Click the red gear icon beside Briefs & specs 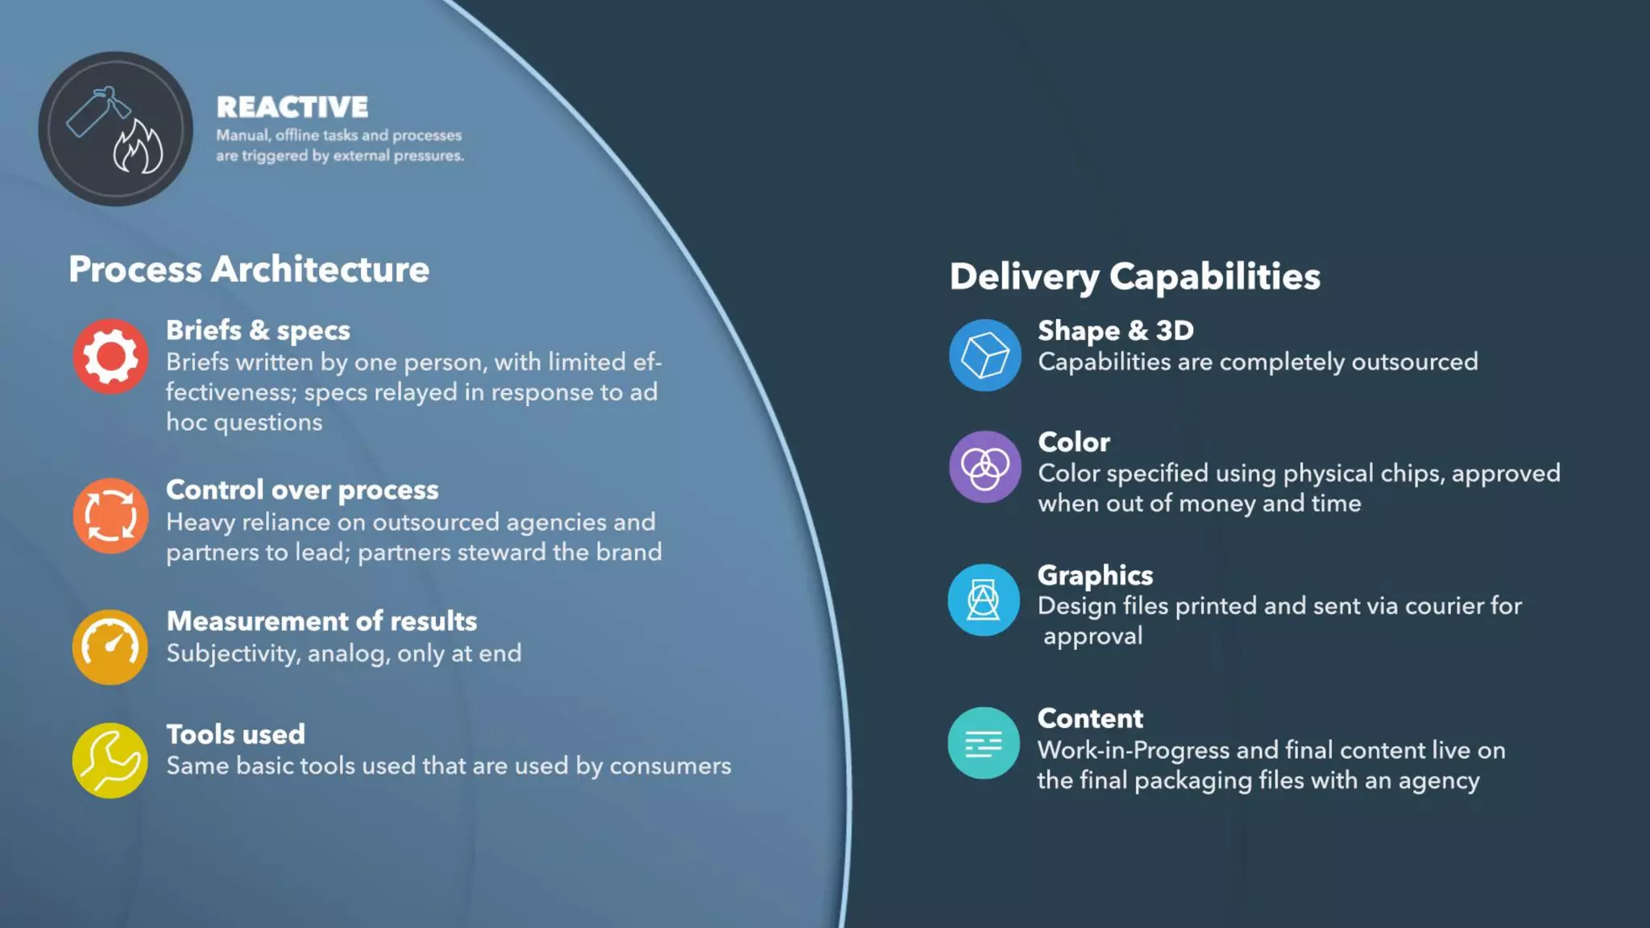point(110,356)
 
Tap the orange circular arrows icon point(110,516)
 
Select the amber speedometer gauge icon point(110,647)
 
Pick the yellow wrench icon point(110,760)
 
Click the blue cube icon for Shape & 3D point(985,355)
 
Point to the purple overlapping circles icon point(985,467)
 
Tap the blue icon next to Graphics point(984,600)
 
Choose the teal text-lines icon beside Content point(984,744)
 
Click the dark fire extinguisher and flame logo point(116,129)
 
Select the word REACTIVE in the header point(292,107)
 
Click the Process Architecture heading point(249,269)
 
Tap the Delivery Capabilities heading point(1134,276)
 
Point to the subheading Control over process point(302,490)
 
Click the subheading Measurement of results point(321,621)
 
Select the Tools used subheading point(235,735)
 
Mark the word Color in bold point(1073,442)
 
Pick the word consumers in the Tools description point(670,766)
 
